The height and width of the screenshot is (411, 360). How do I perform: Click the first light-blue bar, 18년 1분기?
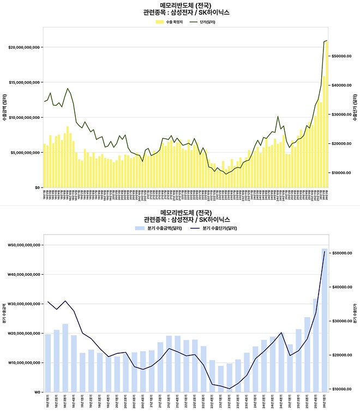[48, 363]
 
